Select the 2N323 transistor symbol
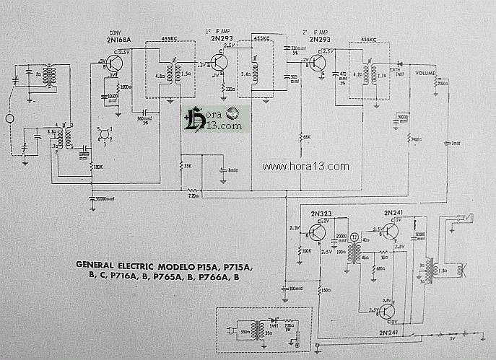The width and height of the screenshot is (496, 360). point(317,233)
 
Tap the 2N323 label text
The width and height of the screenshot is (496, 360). point(321,214)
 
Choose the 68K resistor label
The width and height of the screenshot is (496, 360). point(307,136)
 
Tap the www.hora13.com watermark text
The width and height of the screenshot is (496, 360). point(305,167)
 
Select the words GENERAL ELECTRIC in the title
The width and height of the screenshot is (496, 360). point(120,265)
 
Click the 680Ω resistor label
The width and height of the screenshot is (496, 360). point(381,269)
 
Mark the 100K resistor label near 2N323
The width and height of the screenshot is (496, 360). point(306,251)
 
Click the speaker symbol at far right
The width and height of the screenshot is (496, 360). point(462,272)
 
